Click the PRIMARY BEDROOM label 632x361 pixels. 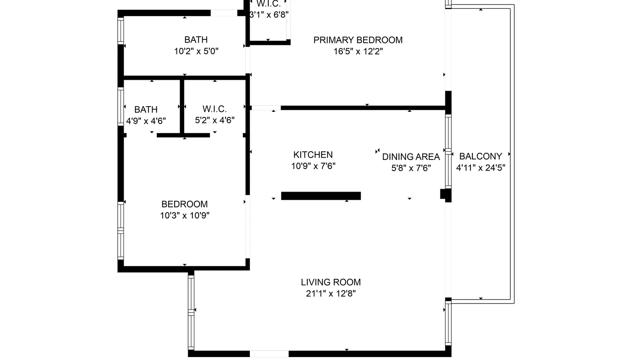tap(358, 40)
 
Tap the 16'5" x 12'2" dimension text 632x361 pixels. tap(358, 52)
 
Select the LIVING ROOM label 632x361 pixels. tap(331, 282)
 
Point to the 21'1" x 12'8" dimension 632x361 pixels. tap(331, 293)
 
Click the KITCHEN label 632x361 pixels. tap(313, 154)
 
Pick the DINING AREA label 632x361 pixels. tap(411, 157)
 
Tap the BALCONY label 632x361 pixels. tap(480, 156)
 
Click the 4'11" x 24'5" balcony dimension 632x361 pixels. tap(480, 168)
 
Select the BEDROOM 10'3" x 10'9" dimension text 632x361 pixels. tap(184, 216)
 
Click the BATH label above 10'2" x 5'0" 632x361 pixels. tap(196, 39)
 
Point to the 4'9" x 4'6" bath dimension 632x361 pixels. tap(146, 121)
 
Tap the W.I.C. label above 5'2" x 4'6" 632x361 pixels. tap(214, 109)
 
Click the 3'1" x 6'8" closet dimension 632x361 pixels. tap(269, 15)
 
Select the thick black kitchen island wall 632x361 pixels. tap(321, 196)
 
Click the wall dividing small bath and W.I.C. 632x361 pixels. tap(182, 107)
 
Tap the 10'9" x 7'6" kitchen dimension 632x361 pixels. tap(313, 166)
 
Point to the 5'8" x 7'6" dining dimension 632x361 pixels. tap(411, 168)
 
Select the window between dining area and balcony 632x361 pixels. tap(448, 151)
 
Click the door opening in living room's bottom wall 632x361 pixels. tap(269, 353)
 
